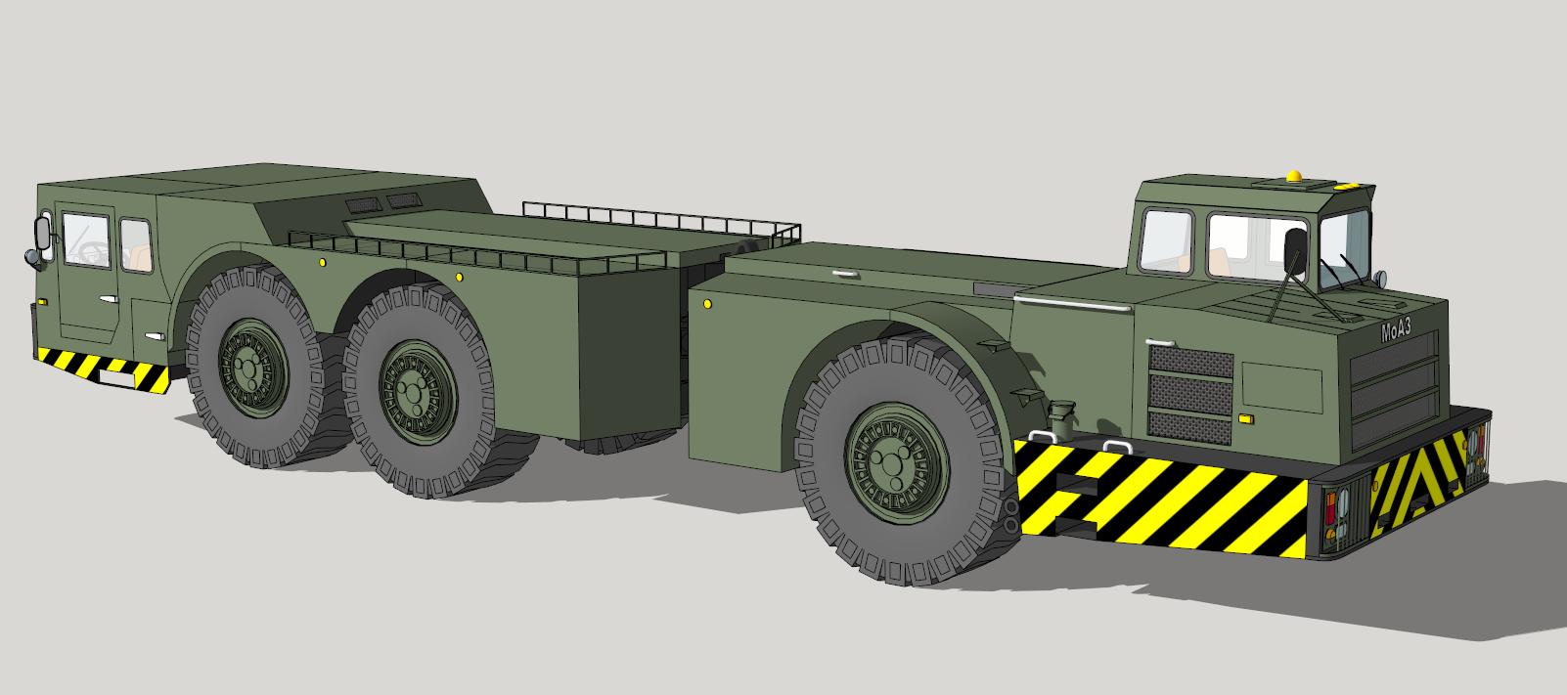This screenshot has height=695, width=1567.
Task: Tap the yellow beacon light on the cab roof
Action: (x=1294, y=176)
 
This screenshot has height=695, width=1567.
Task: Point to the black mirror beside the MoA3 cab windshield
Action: (x=1294, y=250)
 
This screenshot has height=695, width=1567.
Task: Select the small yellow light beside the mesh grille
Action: (x=1245, y=418)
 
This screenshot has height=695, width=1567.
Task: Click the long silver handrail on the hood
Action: (x=1073, y=302)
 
